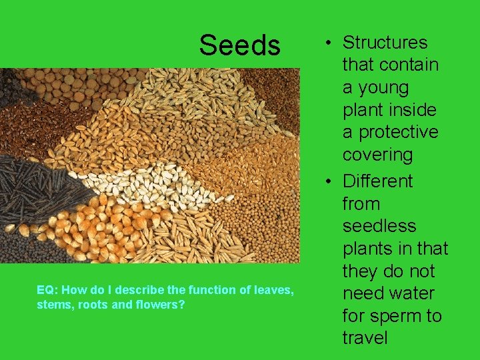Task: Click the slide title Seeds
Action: pyautogui.click(x=239, y=45)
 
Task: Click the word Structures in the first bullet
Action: pyautogui.click(x=385, y=43)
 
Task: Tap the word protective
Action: pyautogui.click(x=390, y=133)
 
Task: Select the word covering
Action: pyautogui.click(x=377, y=155)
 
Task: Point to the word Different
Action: pyautogui.click(x=377, y=181)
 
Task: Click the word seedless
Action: pyautogui.click(x=379, y=226)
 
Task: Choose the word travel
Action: pyautogui.click(x=365, y=338)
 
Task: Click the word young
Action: pyautogui.click(x=384, y=87)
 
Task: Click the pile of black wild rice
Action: pyautogui.click(x=40, y=187)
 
